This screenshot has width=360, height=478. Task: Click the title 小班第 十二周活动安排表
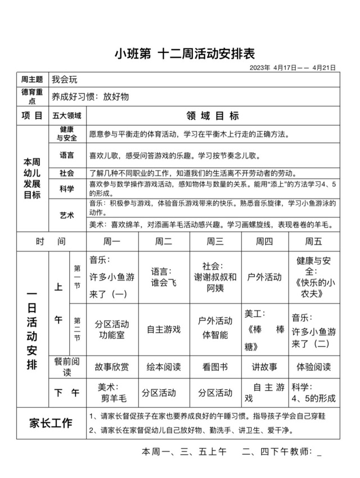pyautogui.click(x=185, y=54)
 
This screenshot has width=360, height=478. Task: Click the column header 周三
pyautogui.click(x=215, y=241)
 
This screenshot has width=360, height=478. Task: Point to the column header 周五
pyautogui.click(x=314, y=241)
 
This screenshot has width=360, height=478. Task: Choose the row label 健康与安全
pyautogui.click(x=66, y=133)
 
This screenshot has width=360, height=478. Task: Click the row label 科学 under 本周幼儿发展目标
pyautogui.click(x=66, y=189)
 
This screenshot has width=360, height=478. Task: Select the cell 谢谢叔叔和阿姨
pyautogui.click(x=215, y=277)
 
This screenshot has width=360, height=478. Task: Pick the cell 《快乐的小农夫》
pyautogui.click(x=314, y=277)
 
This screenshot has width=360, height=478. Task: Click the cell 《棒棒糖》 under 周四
pyautogui.click(x=264, y=329)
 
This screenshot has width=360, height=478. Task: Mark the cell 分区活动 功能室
pyautogui.click(x=111, y=330)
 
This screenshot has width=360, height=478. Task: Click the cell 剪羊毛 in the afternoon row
pyautogui.click(x=112, y=393)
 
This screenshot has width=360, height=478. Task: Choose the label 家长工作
pyautogui.click(x=52, y=423)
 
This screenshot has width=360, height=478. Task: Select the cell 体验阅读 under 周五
pyautogui.click(x=314, y=367)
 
